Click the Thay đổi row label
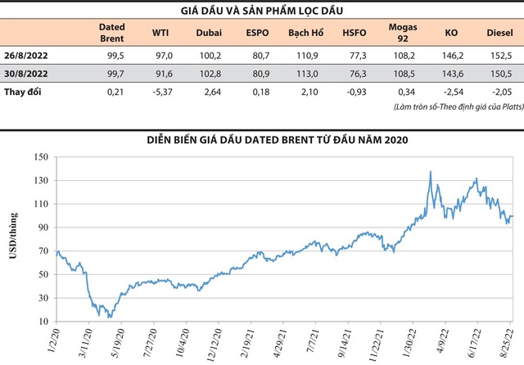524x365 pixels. (x=25, y=91)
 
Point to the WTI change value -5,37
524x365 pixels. (x=161, y=91)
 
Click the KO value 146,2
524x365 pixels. (x=451, y=56)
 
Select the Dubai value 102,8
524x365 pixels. (x=209, y=74)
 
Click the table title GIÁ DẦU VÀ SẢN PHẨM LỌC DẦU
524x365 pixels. (x=262, y=11)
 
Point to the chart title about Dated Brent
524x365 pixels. (x=262, y=140)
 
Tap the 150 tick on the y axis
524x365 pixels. (x=39, y=156)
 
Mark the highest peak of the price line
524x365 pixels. (x=431, y=172)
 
